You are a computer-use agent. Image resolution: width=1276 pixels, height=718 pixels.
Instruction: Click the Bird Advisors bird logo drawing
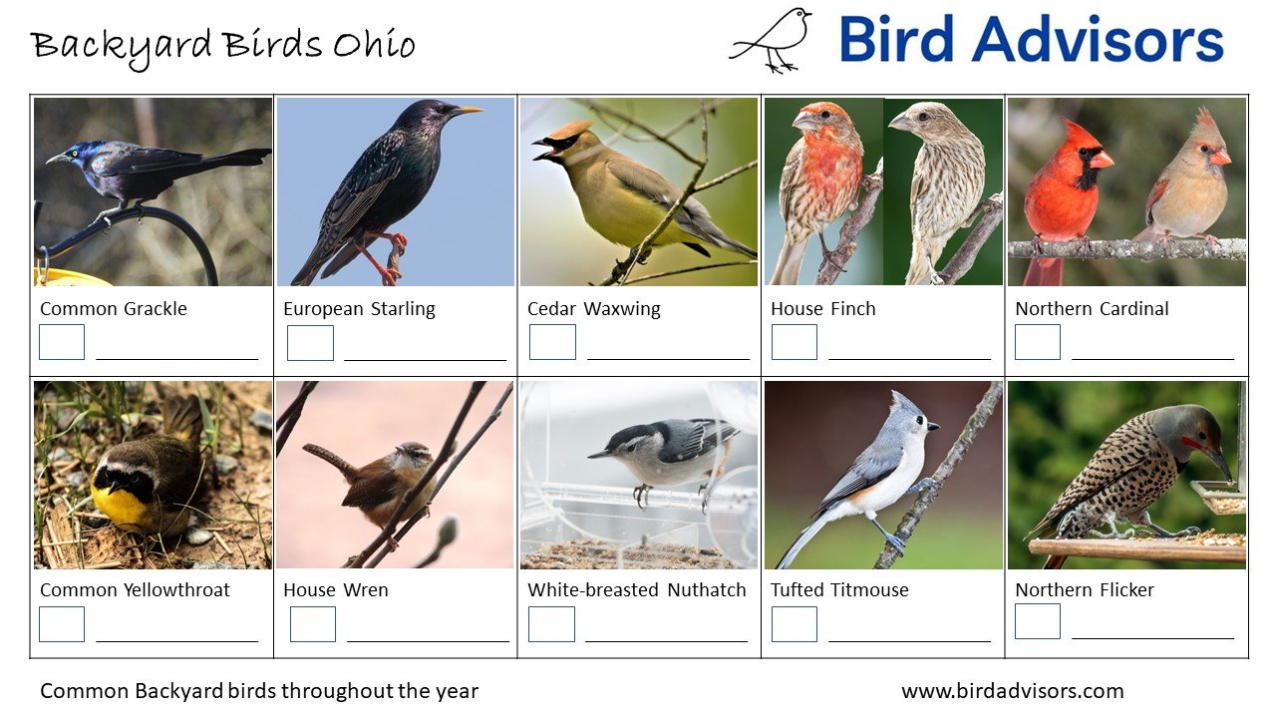click(x=773, y=40)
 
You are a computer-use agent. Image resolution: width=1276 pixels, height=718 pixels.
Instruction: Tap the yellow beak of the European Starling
click(x=466, y=111)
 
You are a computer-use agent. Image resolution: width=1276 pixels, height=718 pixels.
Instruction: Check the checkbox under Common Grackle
click(x=62, y=342)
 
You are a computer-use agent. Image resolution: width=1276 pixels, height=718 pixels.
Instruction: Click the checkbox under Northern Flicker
click(x=1037, y=621)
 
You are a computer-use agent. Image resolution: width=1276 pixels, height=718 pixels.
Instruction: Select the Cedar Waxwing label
click(x=593, y=309)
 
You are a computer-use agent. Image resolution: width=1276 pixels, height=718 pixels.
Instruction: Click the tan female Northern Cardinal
click(x=1186, y=189)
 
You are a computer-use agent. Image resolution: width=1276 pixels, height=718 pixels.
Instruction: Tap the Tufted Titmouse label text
click(x=839, y=590)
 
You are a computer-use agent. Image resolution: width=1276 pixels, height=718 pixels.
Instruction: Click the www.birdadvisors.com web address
click(x=1012, y=691)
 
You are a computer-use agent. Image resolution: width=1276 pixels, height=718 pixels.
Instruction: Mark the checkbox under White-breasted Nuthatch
click(x=551, y=624)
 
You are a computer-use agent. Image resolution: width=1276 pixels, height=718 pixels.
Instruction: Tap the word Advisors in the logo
click(x=1098, y=41)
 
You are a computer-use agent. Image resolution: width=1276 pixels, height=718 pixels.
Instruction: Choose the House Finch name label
click(x=822, y=309)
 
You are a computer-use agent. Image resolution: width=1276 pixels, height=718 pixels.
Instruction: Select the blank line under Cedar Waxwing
click(x=668, y=358)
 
